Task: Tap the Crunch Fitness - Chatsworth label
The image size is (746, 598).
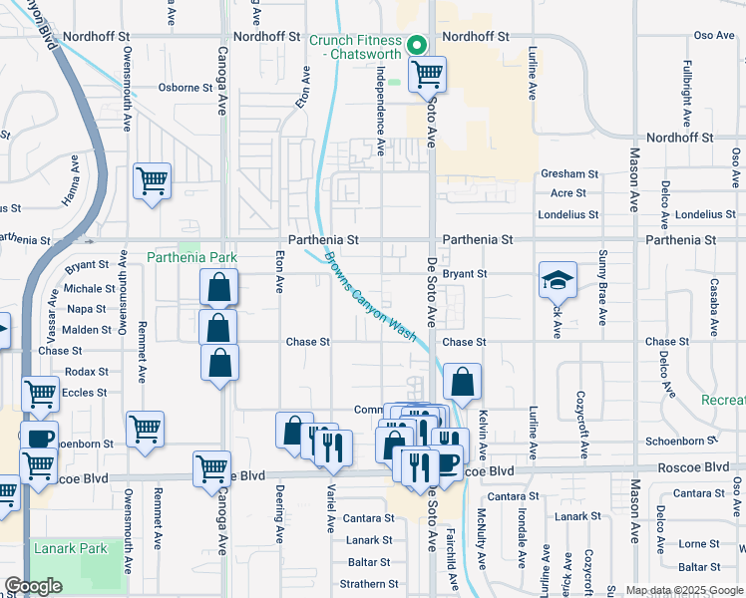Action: tap(354, 47)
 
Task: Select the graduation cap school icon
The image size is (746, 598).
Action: tap(558, 279)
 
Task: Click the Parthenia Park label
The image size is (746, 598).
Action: tap(191, 257)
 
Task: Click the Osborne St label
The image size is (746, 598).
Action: tap(186, 87)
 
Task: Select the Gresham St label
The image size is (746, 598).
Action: tap(569, 173)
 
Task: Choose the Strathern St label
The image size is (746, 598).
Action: tap(368, 584)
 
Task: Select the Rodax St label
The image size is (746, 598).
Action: tap(87, 372)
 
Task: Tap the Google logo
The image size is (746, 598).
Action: tap(34, 586)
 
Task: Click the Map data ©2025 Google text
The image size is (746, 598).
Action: tap(683, 590)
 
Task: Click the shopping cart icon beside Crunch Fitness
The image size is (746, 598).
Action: tap(427, 73)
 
